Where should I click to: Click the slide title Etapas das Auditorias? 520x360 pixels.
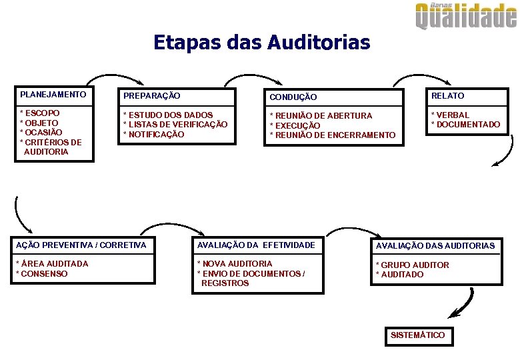click(261, 43)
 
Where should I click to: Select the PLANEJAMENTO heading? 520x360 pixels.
click(53, 95)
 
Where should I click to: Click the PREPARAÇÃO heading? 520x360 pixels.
click(152, 96)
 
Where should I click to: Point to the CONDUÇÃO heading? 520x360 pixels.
click(293, 98)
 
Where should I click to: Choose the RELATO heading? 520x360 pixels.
click(447, 96)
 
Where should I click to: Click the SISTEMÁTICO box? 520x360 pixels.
click(418, 335)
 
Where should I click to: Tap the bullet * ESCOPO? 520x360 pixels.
click(40, 113)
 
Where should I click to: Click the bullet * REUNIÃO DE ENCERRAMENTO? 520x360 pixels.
click(332, 135)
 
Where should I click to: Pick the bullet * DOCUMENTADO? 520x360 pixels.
click(465, 125)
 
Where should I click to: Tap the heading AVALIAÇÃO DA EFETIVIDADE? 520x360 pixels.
click(256, 245)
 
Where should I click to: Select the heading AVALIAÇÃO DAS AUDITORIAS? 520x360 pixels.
click(435, 246)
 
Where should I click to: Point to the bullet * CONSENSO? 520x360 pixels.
click(42, 274)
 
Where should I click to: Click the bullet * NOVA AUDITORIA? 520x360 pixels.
click(235, 264)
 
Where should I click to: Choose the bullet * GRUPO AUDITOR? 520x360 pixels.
click(413, 265)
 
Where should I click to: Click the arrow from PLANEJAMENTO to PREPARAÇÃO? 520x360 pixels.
click(100, 75)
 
